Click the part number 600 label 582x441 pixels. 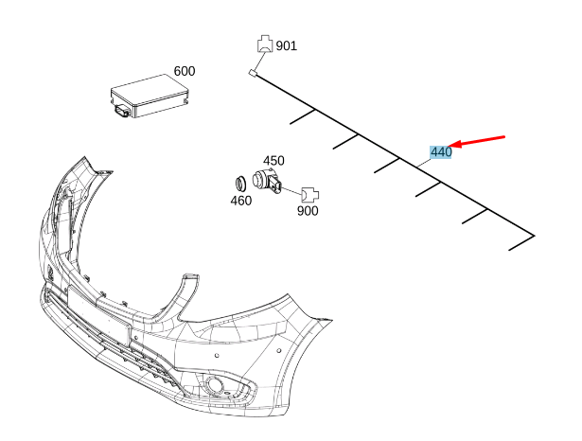tap(184, 72)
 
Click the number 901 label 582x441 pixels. tap(287, 45)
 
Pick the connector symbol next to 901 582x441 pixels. tap(264, 44)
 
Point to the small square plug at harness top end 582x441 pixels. tap(253, 73)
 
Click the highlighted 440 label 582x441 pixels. tap(440, 151)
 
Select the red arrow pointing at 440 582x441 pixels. tap(480, 142)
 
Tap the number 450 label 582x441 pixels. tap(273, 160)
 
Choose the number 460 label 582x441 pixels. tap(241, 200)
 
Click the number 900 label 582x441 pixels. tap(308, 210)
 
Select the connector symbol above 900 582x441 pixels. tap(310, 194)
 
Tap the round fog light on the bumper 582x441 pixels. tap(217, 384)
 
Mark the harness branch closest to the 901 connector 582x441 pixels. tap(302, 117)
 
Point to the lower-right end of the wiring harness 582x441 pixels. tap(533, 236)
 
